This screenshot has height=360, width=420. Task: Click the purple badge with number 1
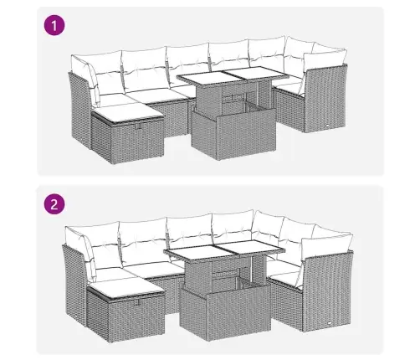click(54, 26)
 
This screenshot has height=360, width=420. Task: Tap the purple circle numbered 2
click(54, 204)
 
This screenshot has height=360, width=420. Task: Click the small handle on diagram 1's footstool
click(137, 126)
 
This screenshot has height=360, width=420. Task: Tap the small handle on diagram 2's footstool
click(138, 302)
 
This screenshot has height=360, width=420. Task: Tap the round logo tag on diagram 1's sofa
click(326, 126)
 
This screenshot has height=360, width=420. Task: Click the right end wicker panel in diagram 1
click(325, 99)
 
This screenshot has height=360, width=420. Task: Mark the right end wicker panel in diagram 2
click(327, 291)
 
